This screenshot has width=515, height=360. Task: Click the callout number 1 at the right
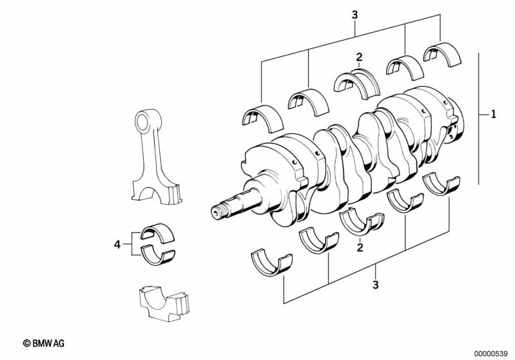pyautogui.click(x=493, y=115)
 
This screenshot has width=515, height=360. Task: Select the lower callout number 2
pyautogui.click(x=360, y=247)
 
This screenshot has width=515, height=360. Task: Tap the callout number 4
pyautogui.click(x=117, y=244)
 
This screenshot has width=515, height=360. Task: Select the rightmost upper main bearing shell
pyautogui.click(x=440, y=52)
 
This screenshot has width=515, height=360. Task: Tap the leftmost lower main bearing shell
pyautogui.click(x=271, y=262)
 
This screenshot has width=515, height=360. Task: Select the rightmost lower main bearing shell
pyautogui.click(x=443, y=183)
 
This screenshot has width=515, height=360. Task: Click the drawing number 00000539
pyautogui.click(x=491, y=352)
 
